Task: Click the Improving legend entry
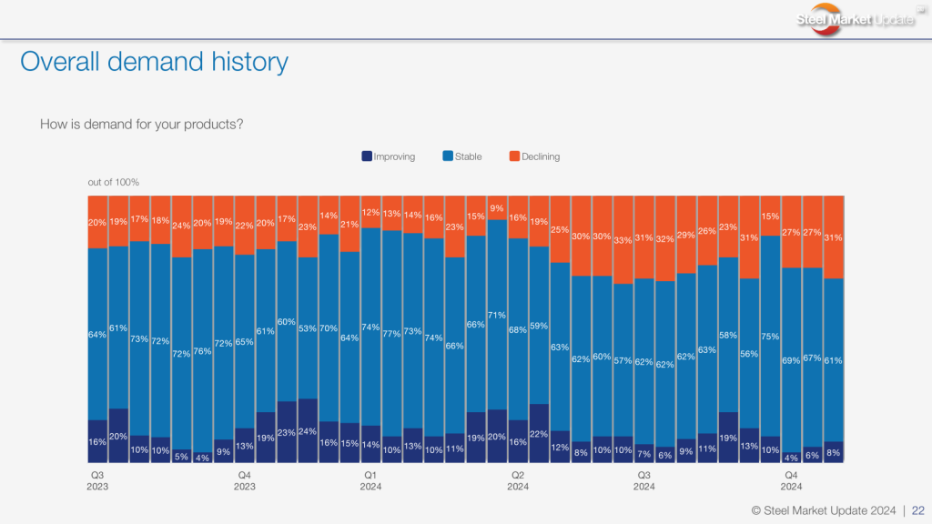pyautogui.click(x=389, y=156)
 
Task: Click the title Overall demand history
pyautogui.click(x=154, y=62)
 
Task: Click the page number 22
pyautogui.click(x=918, y=509)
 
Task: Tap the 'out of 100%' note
pyautogui.click(x=113, y=183)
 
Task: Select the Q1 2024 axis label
pyautogui.click(x=370, y=480)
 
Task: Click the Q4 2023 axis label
pyautogui.click(x=244, y=480)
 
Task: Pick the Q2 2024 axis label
pyautogui.click(x=518, y=480)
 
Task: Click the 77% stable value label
pyautogui.click(x=392, y=334)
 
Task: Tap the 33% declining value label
pyautogui.click(x=623, y=241)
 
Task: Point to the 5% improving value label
pyautogui.click(x=181, y=457)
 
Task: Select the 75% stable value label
pyautogui.click(x=770, y=336)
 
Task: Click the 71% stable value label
pyautogui.click(x=497, y=315)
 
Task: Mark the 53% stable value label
pyautogui.click(x=308, y=329)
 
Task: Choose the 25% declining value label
pyautogui.click(x=560, y=229)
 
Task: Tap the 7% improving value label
pyautogui.click(x=644, y=454)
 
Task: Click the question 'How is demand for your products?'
pyautogui.click(x=141, y=124)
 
